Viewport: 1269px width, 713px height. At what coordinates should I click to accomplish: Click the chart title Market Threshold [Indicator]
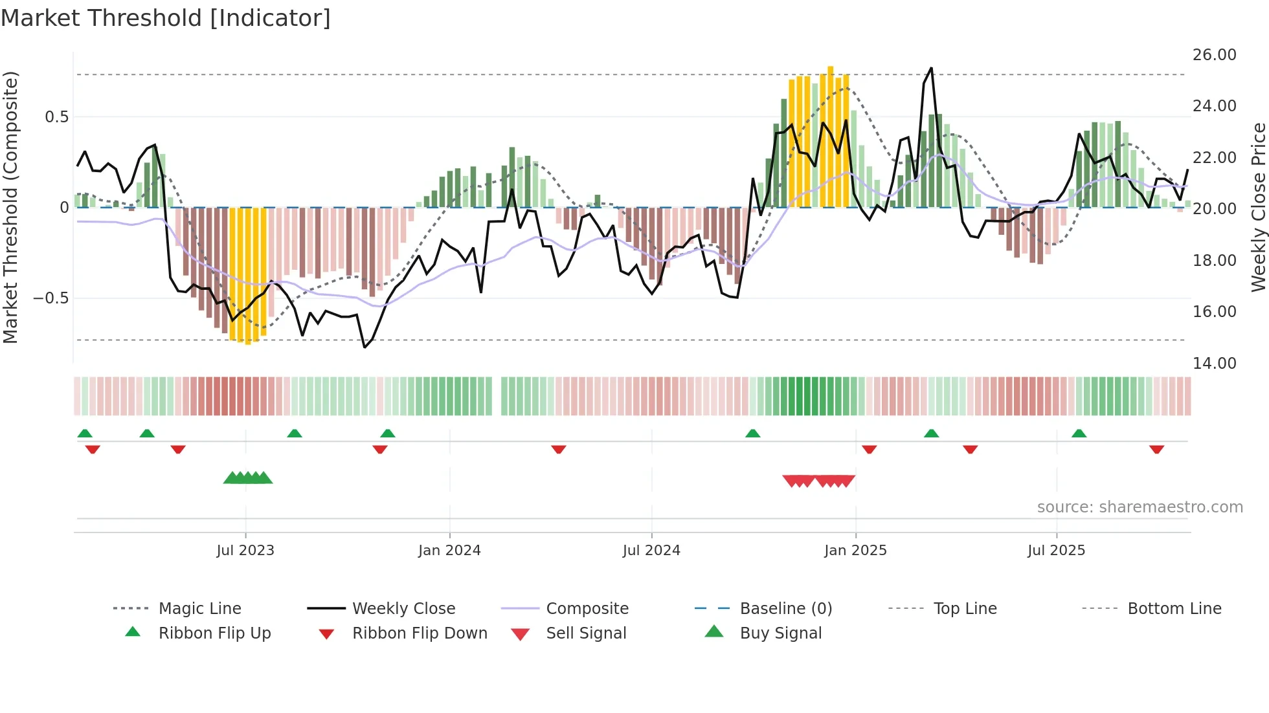coord(166,18)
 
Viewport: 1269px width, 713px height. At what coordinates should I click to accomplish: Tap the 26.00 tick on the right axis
coord(1214,55)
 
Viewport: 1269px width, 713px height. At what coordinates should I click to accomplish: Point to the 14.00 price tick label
coord(1214,364)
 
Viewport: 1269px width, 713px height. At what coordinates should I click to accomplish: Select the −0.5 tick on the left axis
coord(51,298)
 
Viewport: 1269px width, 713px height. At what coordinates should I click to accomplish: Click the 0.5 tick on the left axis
coord(56,117)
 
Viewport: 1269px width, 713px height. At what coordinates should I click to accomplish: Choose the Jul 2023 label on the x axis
coord(245,551)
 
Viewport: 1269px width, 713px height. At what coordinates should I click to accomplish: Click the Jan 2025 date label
coord(855,551)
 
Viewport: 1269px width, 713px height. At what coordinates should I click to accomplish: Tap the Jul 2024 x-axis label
coord(651,551)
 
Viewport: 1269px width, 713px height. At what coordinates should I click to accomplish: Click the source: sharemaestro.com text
coord(1140,507)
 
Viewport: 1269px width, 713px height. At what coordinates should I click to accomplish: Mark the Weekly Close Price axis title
coord(1258,207)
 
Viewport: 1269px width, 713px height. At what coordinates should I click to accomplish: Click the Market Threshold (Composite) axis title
coord(10,207)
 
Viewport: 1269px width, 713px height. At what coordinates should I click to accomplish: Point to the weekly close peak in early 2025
coord(931,68)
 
